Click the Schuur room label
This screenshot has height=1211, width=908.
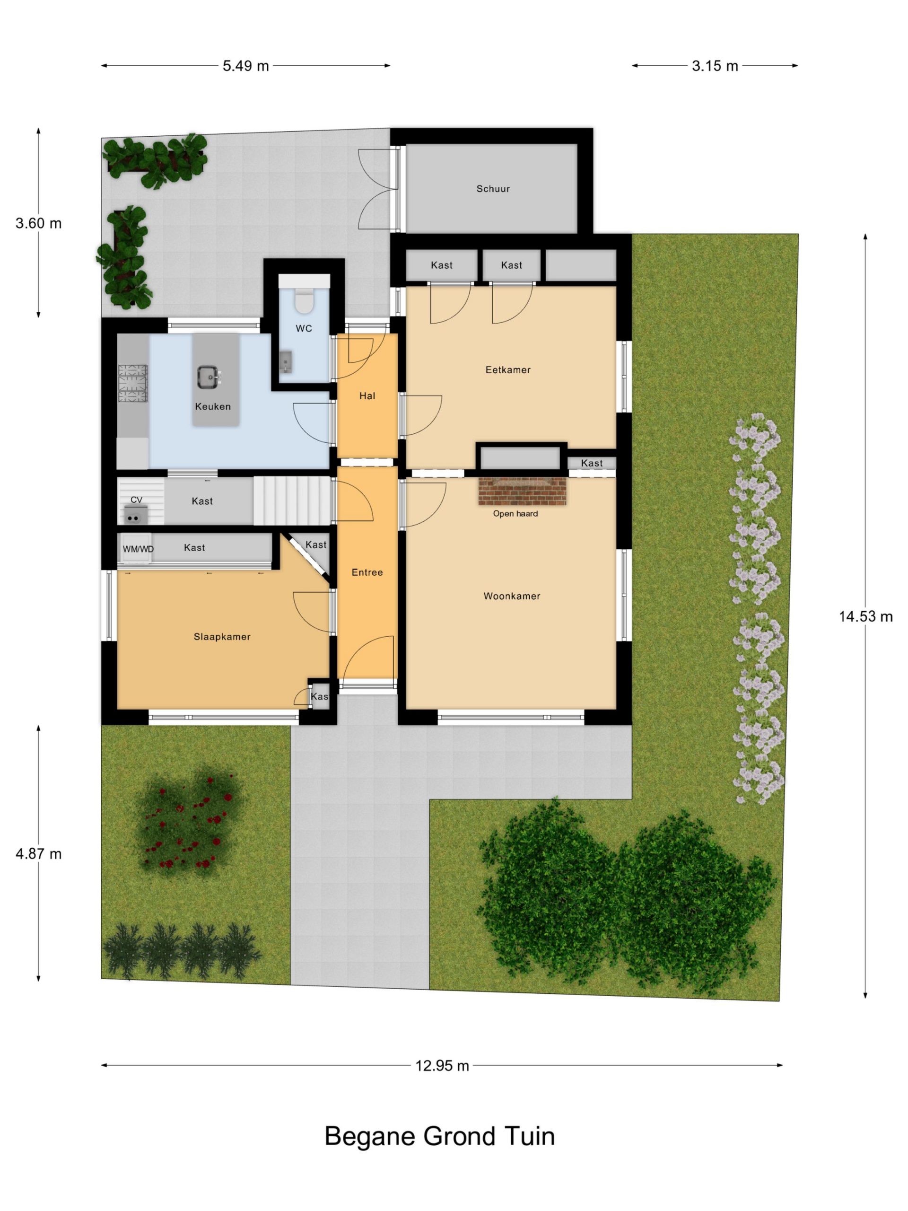pos(493,189)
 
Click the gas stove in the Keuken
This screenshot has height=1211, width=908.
pos(133,383)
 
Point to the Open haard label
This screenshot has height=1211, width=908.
pos(515,514)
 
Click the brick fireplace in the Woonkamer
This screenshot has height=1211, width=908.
pos(522,491)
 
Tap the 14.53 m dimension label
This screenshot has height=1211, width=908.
pos(865,616)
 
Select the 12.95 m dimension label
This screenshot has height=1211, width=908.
pos(442,1065)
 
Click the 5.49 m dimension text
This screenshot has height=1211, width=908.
pos(246,66)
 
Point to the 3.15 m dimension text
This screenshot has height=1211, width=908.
pos(715,66)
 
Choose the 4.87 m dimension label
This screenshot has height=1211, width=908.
pos(38,853)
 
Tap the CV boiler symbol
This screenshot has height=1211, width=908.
pos(135,515)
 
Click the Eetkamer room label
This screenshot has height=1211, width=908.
pos(508,370)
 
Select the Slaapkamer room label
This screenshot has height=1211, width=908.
pos(222,637)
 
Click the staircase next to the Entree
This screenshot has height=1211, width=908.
pos(292,500)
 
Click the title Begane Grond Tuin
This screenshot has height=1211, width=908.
pos(439,1136)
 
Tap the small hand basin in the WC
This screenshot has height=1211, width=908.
pos(285,362)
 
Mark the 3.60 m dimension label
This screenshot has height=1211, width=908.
pos(38,223)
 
